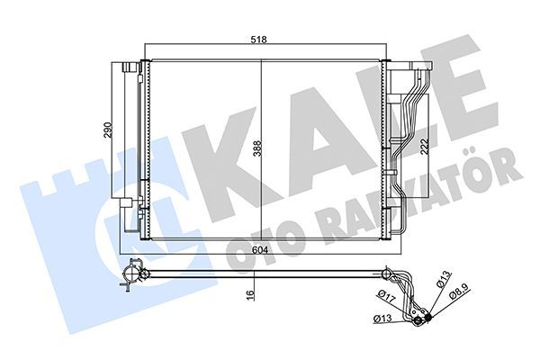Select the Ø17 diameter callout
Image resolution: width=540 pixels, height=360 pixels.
click(x=384, y=296)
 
